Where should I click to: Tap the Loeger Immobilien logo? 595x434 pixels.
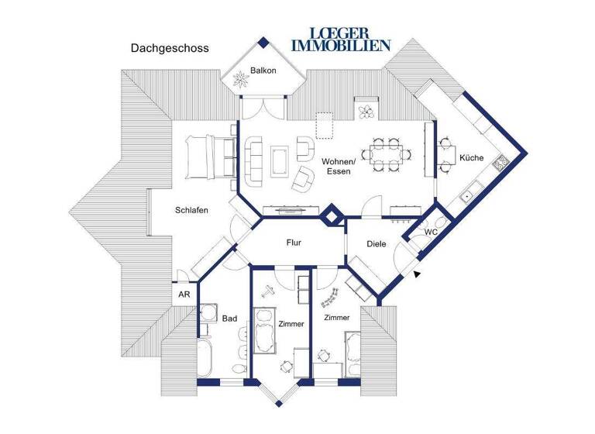tap(341, 39)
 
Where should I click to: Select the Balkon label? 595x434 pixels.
tap(262, 71)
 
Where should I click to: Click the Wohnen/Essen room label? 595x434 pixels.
tap(339, 166)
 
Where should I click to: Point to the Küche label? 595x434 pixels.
tap(471, 157)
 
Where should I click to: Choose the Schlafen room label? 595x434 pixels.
tap(191, 210)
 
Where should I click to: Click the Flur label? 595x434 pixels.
tap(294, 243)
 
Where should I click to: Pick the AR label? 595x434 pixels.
tap(184, 294)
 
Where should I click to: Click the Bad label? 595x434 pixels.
tap(229, 318)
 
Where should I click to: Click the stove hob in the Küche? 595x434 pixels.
tap(500, 163)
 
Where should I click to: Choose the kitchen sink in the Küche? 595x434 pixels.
tap(468, 197)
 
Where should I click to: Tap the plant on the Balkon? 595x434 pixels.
tap(236, 78)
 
